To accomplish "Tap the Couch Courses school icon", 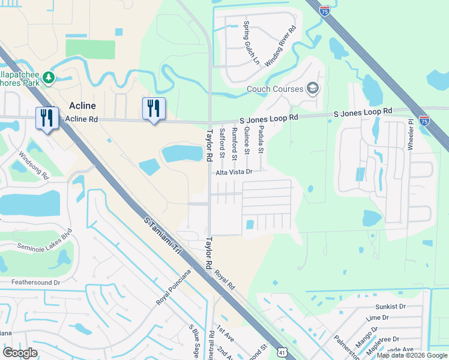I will (313, 89).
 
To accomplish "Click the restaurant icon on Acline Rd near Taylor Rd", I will (154, 109).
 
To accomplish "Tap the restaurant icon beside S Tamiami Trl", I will (47, 118).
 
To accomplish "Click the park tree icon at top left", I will (48, 78).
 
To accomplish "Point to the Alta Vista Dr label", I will (234, 172).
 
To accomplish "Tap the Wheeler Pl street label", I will (411, 139).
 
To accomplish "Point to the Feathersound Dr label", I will (36, 281).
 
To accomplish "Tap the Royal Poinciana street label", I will (173, 287).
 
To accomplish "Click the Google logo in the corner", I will (20, 352).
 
